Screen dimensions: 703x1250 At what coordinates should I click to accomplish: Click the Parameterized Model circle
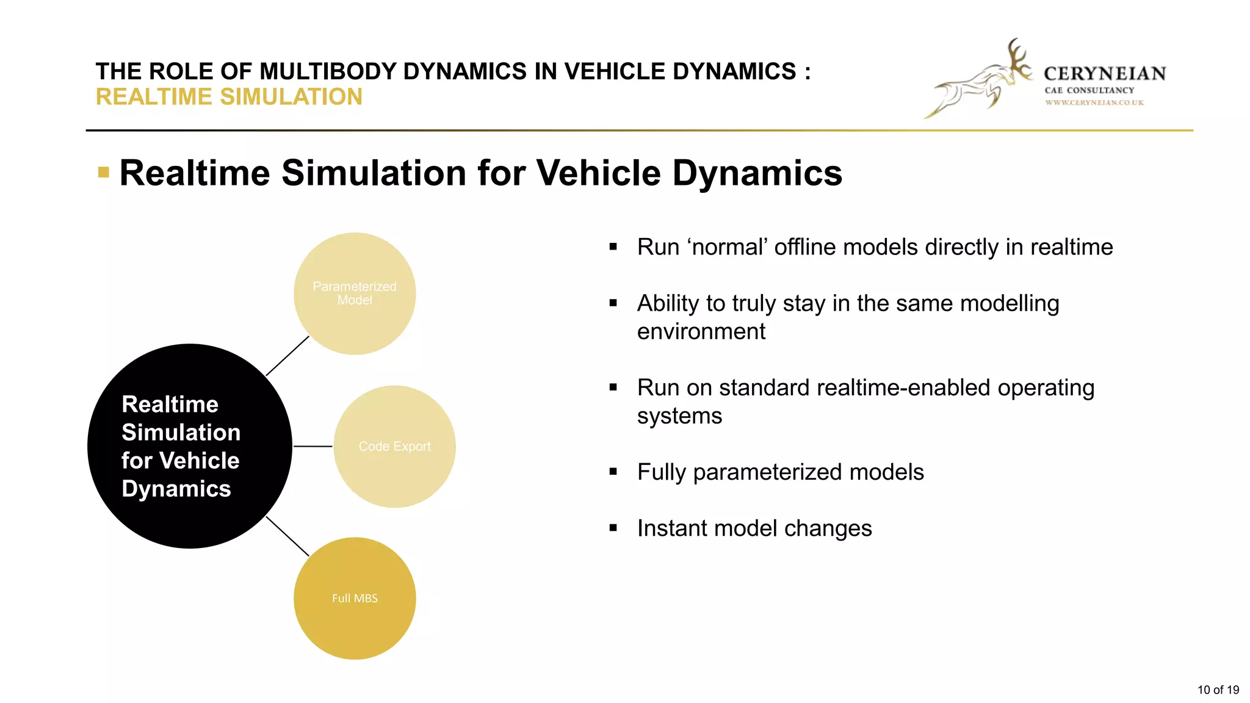[x=355, y=294]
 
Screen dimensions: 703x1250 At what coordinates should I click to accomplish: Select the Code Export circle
[x=394, y=446]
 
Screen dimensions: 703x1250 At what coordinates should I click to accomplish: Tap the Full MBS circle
[x=355, y=598]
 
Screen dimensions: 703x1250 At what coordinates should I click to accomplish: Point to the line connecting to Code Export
[x=312, y=446]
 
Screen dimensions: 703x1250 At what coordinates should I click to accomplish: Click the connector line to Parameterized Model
[x=287, y=356]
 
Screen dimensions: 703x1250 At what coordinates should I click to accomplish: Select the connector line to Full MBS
[x=287, y=536]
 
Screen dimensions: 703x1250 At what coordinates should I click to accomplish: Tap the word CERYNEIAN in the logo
[x=1105, y=74]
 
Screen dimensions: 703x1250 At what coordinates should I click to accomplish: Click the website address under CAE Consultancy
[x=1094, y=103]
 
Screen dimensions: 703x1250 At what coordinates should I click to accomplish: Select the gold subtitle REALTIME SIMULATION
[x=229, y=97]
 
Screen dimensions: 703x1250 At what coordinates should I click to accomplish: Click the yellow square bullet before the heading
[x=104, y=172]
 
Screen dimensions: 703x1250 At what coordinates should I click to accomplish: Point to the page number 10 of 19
[x=1218, y=690]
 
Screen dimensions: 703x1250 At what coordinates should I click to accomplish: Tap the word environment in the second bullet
[x=701, y=331]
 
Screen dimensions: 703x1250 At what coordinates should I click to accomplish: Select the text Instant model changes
[x=754, y=528]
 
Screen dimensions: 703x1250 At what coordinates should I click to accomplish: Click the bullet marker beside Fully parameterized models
[x=613, y=472]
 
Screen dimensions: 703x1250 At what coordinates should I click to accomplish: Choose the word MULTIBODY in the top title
[x=328, y=71]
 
